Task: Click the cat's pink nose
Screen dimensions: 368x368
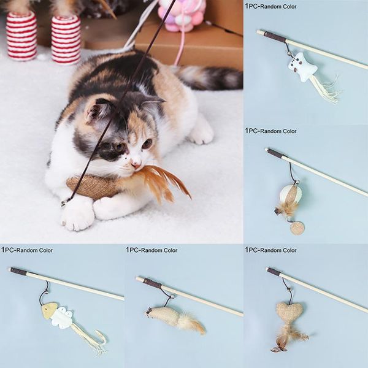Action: [x=136, y=163]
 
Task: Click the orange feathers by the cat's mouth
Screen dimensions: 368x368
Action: [x=161, y=182]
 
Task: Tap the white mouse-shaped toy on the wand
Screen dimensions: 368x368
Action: [x=304, y=66]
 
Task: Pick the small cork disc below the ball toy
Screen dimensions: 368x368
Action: [x=297, y=228]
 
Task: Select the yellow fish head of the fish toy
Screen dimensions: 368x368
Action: [x=49, y=310]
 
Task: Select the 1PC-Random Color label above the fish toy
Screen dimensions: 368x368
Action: [x=27, y=250]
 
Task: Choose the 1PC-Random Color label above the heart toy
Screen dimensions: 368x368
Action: [x=270, y=250]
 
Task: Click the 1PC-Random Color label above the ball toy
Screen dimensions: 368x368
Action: [x=270, y=131]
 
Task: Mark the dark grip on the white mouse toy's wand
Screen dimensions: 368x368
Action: [x=274, y=37]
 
